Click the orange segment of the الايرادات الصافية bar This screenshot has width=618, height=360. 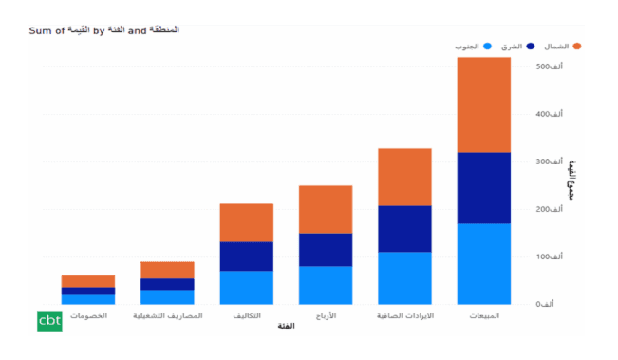pos(404,177)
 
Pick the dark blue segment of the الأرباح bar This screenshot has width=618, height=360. pos(326,249)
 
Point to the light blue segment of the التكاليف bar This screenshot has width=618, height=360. pos(247,287)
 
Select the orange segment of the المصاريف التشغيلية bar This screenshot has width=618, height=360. pos(167,270)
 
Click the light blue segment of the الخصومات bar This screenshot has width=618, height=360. pos(88,299)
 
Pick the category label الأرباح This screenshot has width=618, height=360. pos(326,314)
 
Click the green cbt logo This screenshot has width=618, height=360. pos(49,321)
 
